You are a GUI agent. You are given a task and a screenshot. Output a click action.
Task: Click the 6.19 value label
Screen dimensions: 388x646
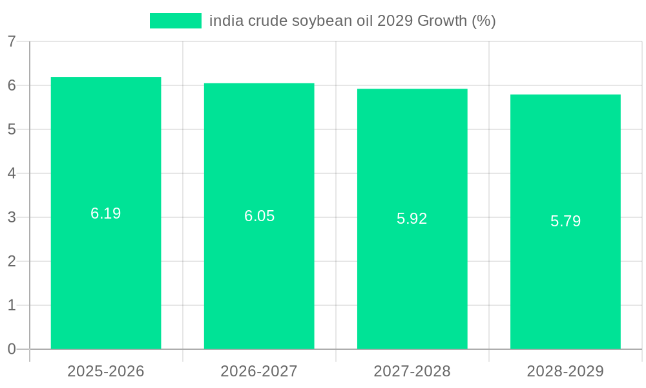click(106, 213)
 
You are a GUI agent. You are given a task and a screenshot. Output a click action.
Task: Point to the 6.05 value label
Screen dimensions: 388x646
click(259, 216)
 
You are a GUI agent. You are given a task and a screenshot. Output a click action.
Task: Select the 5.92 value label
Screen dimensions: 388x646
click(412, 219)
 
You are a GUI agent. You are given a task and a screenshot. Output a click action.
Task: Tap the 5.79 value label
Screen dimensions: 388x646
click(565, 221)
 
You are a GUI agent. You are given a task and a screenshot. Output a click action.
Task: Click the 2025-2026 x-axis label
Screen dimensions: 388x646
click(106, 371)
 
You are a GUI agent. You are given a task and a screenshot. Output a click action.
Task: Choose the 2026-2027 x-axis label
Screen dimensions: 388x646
click(259, 371)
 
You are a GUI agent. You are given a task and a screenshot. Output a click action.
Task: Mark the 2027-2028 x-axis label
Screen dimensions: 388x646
click(412, 371)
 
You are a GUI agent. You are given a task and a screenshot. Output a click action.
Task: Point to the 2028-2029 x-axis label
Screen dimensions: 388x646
click(565, 371)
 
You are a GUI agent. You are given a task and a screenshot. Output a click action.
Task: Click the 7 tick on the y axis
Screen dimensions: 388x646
click(12, 41)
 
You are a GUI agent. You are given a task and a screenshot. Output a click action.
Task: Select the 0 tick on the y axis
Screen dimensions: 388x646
click(12, 349)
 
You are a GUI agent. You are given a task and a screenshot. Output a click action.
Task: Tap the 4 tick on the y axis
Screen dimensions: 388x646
click(12, 173)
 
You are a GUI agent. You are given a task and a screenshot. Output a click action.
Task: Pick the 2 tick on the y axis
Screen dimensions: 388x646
click(12, 261)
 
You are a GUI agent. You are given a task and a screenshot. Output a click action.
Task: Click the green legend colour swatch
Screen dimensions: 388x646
click(176, 21)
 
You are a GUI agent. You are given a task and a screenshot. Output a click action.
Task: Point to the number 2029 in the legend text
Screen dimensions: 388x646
click(394, 21)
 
